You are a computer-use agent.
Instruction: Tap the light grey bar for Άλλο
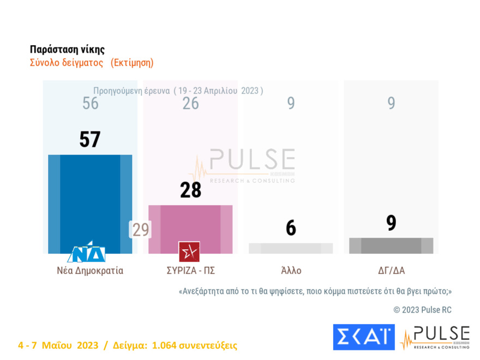(291, 248)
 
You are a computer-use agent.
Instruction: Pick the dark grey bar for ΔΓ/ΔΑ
(391, 245)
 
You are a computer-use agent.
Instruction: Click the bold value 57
(90, 140)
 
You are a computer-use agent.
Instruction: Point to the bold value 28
(190, 190)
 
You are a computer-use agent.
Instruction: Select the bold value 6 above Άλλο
(291, 228)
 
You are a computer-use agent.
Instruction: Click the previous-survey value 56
(91, 103)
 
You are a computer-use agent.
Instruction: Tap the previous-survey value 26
(190, 103)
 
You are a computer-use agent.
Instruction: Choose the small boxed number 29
(141, 230)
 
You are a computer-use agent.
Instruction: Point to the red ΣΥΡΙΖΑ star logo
(189, 252)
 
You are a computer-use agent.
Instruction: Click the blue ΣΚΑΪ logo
(363, 337)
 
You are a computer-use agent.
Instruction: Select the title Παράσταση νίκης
(67, 50)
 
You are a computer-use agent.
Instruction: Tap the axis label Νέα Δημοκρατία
(90, 271)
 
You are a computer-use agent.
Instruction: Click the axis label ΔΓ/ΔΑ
(391, 271)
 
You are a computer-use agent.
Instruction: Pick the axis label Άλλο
(291, 271)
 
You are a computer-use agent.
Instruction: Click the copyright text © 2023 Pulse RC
(422, 310)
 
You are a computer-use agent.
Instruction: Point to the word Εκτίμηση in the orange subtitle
(132, 63)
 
